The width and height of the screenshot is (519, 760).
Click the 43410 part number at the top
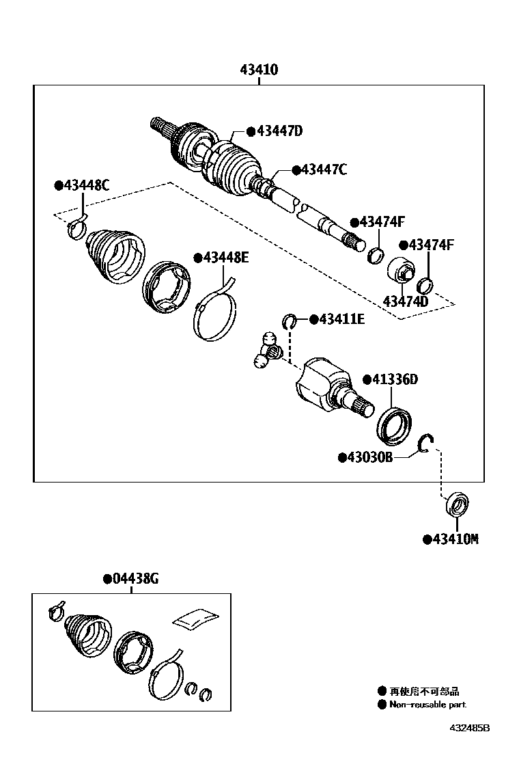click(259, 70)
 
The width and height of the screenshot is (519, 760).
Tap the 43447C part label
click(319, 169)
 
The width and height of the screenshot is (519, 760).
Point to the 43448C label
click(82, 185)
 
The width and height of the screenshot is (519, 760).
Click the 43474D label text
click(406, 301)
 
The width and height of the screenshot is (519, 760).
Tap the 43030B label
click(365, 457)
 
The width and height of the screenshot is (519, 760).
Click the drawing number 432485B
click(469, 729)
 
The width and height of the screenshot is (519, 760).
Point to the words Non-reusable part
click(428, 704)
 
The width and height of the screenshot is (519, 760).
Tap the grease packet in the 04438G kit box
click(197, 616)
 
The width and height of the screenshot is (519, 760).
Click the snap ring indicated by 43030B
click(426, 444)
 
